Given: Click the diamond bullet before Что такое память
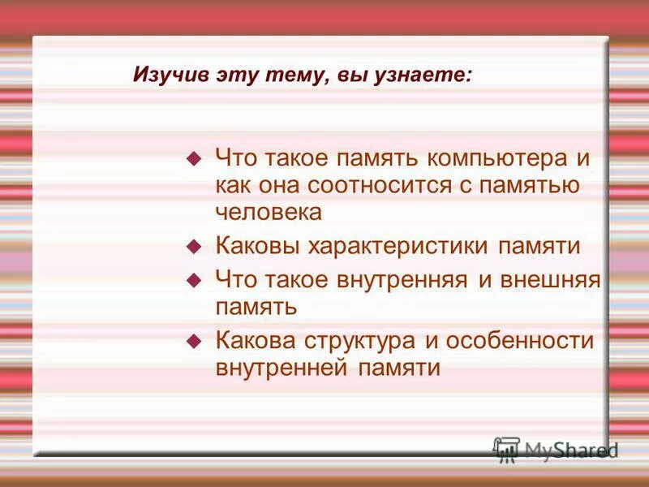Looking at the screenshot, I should click(193, 157).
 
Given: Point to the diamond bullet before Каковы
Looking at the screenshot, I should click(193, 245).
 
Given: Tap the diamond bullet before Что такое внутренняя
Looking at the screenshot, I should click(193, 280).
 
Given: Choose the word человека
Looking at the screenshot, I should click(269, 212).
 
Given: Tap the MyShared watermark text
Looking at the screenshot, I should click(571, 450).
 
